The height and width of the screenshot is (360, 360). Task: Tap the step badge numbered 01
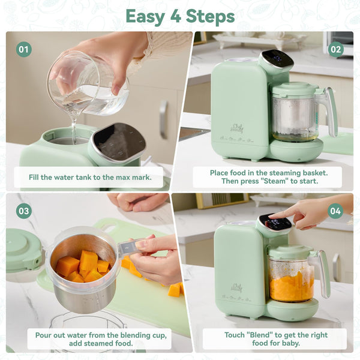coord(23,49)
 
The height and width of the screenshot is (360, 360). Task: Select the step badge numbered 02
coord(335,49)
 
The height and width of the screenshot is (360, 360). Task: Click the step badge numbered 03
coord(23,210)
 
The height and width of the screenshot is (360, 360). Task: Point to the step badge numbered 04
coord(335,210)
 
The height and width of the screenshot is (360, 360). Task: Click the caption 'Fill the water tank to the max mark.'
coord(88,178)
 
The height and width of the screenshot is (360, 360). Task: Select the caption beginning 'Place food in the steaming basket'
coord(268,176)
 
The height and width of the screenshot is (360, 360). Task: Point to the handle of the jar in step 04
coord(325,274)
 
